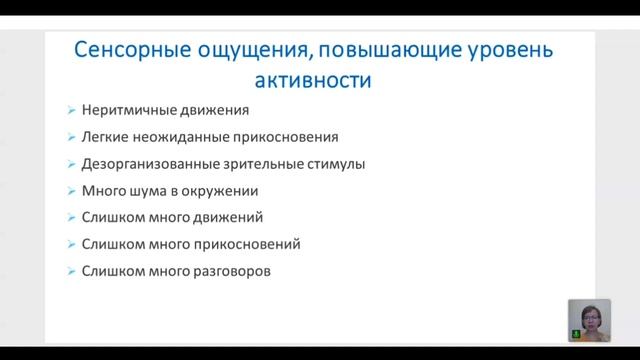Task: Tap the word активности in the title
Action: [319, 80]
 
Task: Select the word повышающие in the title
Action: [379, 49]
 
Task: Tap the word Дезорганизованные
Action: [143, 164]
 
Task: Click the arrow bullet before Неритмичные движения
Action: [69, 111]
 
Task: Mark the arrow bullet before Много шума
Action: [69, 191]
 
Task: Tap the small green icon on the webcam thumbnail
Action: [575, 334]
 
